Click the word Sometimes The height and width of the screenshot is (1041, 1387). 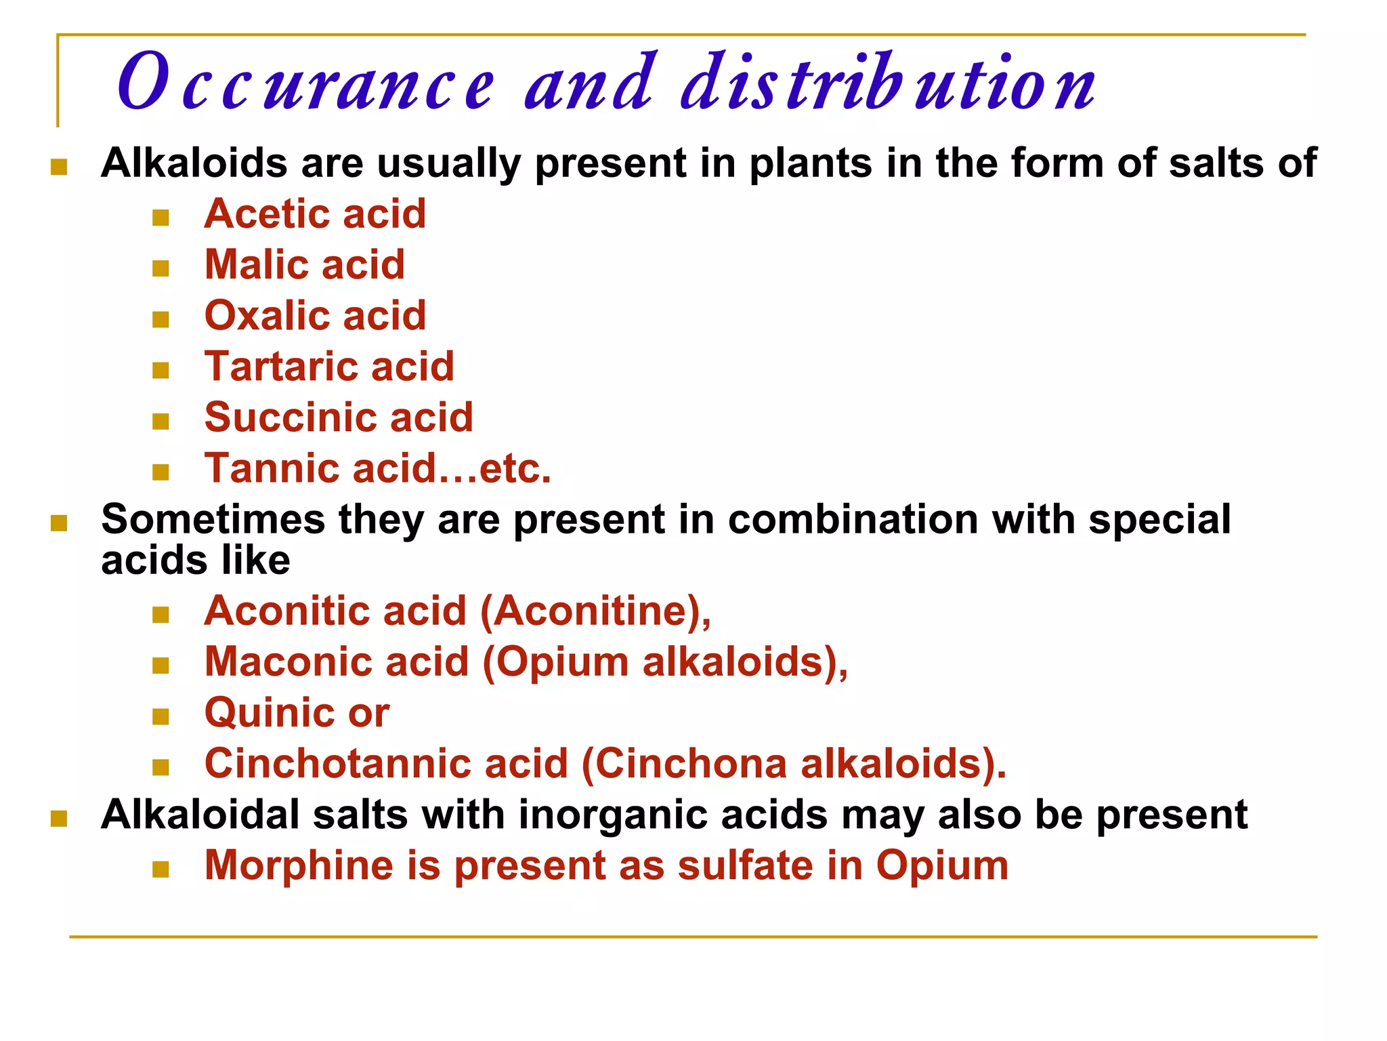213,520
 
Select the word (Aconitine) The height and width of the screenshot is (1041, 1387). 596,611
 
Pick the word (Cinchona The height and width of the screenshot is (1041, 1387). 684,764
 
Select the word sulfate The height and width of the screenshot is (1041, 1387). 746,865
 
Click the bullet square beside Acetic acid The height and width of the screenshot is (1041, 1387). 161,218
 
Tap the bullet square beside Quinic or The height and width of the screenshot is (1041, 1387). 161,716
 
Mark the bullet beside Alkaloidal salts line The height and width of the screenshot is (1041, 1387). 59,819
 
